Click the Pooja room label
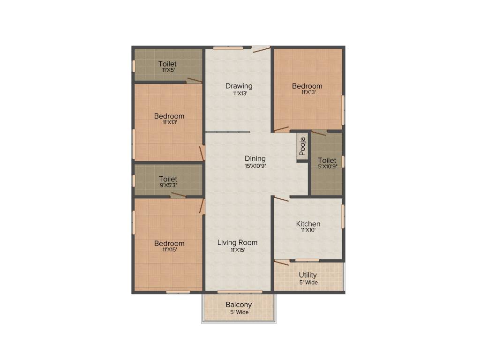point(303,146)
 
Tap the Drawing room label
point(239,86)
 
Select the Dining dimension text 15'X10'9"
point(255,166)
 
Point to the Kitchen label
point(308,224)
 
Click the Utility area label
point(308,275)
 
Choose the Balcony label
point(239,305)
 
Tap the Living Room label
point(237,242)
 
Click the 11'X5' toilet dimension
point(167,70)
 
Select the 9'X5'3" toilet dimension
point(168,186)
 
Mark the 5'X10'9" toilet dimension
point(327,166)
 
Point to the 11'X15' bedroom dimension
point(169,250)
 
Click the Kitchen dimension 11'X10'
point(308,230)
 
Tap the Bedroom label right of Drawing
point(307,86)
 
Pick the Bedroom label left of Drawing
point(169,116)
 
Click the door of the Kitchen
point(281,199)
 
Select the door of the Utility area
point(281,263)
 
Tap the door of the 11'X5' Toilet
point(195,81)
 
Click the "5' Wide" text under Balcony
point(239,312)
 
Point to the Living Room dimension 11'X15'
point(237,250)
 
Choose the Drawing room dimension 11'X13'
point(239,93)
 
